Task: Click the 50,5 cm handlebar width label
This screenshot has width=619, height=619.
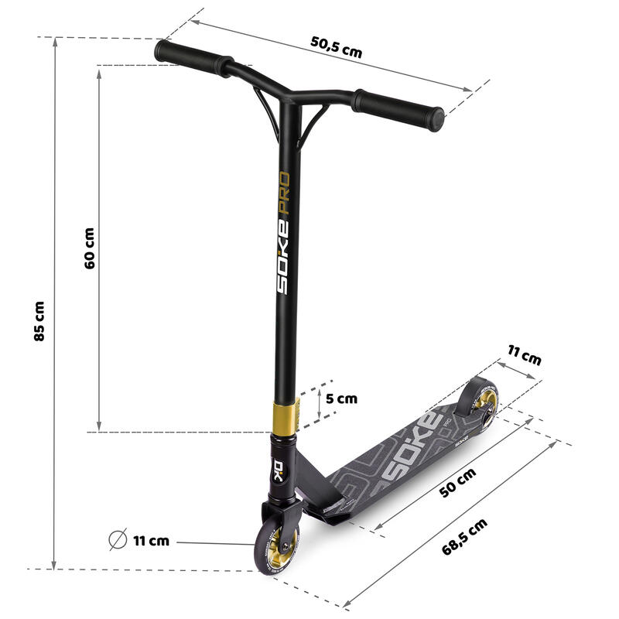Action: [x=336, y=47]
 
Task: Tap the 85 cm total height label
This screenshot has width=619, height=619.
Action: [x=39, y=320]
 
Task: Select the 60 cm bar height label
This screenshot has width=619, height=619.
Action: [x=90, y=248]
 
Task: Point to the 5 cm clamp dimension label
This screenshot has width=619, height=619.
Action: [x=341, y=398]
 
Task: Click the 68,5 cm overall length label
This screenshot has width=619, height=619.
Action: [x=465, y=537]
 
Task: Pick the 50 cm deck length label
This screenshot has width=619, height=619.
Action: [x=458, y=483]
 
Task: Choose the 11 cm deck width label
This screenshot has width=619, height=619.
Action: [x=525, y=355]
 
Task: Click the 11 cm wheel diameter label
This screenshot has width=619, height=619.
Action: [x=151, y=540]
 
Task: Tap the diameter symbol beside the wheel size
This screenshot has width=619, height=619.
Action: [x=118, y=539]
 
